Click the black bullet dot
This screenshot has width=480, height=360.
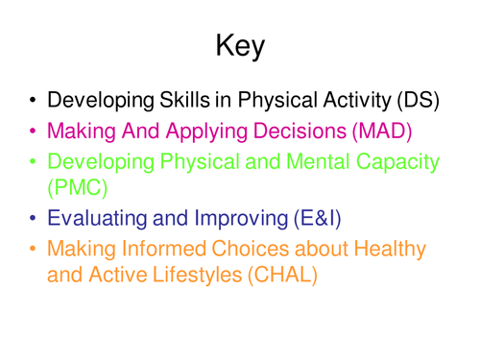pyautogui.click(x=33, y=99)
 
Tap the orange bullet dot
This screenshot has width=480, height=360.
pyautogui.click(x=33, y=249)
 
